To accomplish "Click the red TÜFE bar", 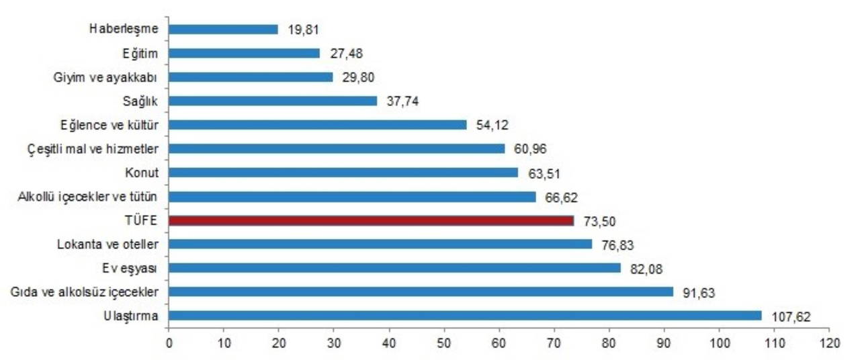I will click(x=371, y=220).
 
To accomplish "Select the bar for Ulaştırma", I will click(x=465, y=316).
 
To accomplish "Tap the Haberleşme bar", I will click(x=223, y=29).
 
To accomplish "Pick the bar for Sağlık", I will click(x=273, y=101).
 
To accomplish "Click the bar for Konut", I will click(x=343, y=173).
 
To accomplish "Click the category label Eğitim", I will click(x=140, y=53).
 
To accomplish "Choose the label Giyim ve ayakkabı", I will click(x=105, y=77).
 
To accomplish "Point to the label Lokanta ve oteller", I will click(x=107, y=244).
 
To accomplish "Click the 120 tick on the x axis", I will click(x=829, y=343).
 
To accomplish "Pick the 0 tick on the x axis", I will click(x=169, y=343).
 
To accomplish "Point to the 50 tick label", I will click(x=443, y=343).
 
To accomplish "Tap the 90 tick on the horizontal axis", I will click(x=664, y=343).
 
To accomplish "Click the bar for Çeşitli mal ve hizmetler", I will click(x=336, y=148).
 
